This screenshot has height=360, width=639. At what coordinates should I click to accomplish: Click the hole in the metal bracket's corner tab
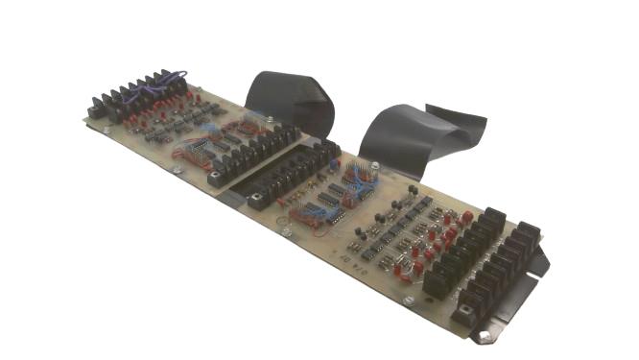pos(485,336)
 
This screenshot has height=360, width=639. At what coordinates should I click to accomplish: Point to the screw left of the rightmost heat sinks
pos(410,300)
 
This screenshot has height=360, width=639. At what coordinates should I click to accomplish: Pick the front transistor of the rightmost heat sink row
pos(468,309)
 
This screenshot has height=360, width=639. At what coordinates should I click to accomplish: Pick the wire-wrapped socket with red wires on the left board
pos(192,150)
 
